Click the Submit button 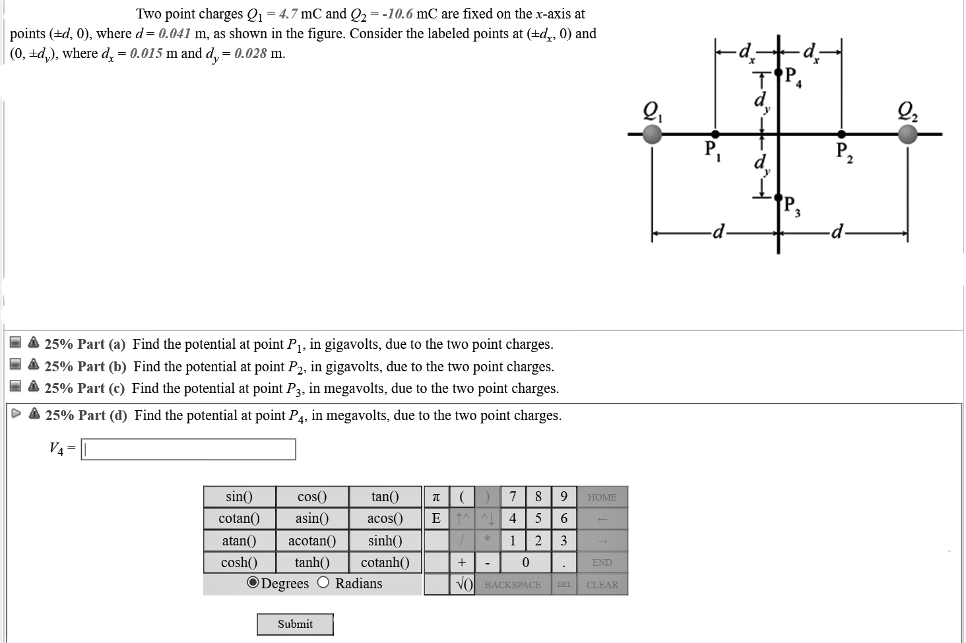(x=295, y=624)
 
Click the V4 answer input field (x=188, y=450)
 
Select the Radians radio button (x=323, y=583)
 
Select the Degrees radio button (x=253, y=583)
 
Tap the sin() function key (x=239, y=497)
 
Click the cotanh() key (x=385, y=563)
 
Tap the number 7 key (x=513, y=497)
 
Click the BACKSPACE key (x=512, y=585)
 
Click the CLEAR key (x=602, y=585)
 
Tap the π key (x=435, y=497)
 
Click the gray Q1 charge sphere (x=652, y=135)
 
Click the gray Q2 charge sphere (x=907, y=135)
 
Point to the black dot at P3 (x=778, y=197)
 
